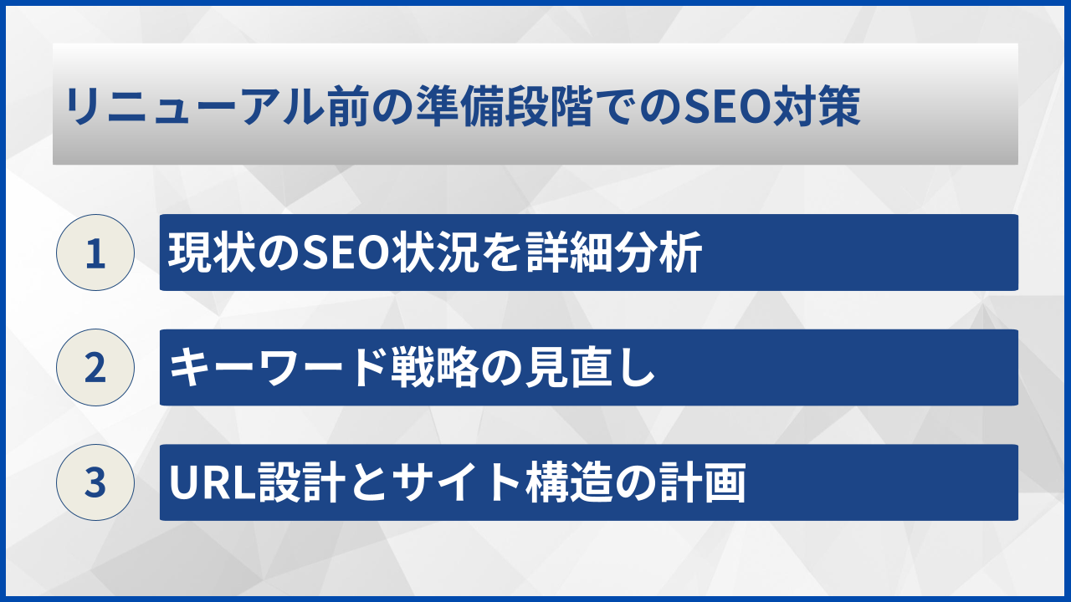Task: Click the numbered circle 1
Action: tap(95, 253)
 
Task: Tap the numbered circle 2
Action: tap(95, 368)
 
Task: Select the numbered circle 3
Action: tap(95, 482)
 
